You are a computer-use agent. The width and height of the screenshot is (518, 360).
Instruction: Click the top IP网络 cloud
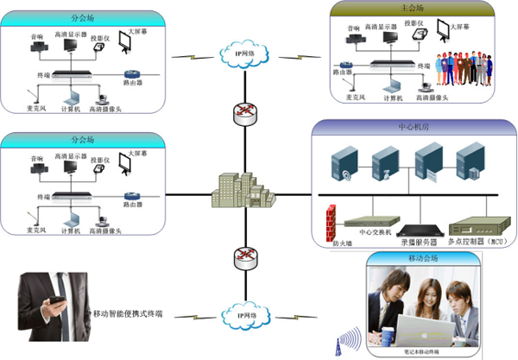244,55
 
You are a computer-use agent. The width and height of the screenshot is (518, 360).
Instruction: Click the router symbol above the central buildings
244,111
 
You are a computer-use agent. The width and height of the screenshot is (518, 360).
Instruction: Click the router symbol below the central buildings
244,256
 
